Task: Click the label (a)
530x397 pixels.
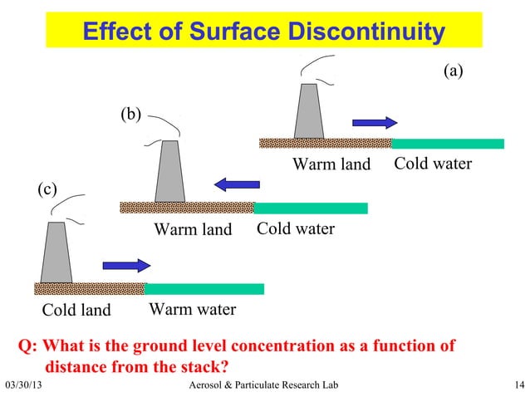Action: (452, 71)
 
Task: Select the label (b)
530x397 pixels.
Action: (131, 114)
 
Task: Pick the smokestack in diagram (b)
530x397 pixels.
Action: (169, 171)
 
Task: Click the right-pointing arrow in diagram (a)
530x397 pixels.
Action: (375, 123)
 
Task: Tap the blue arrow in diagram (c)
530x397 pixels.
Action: (126, 266)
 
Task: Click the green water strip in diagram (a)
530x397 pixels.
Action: (447, 143)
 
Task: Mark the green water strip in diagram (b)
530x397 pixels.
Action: (311, 208)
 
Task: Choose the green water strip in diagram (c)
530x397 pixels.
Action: (204, 289)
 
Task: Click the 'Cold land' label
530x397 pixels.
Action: (76, 311)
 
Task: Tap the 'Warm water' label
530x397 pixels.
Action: (192, 311)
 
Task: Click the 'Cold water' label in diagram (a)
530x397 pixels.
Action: (433, 164)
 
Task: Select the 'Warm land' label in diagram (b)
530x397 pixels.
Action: (193, 229)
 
